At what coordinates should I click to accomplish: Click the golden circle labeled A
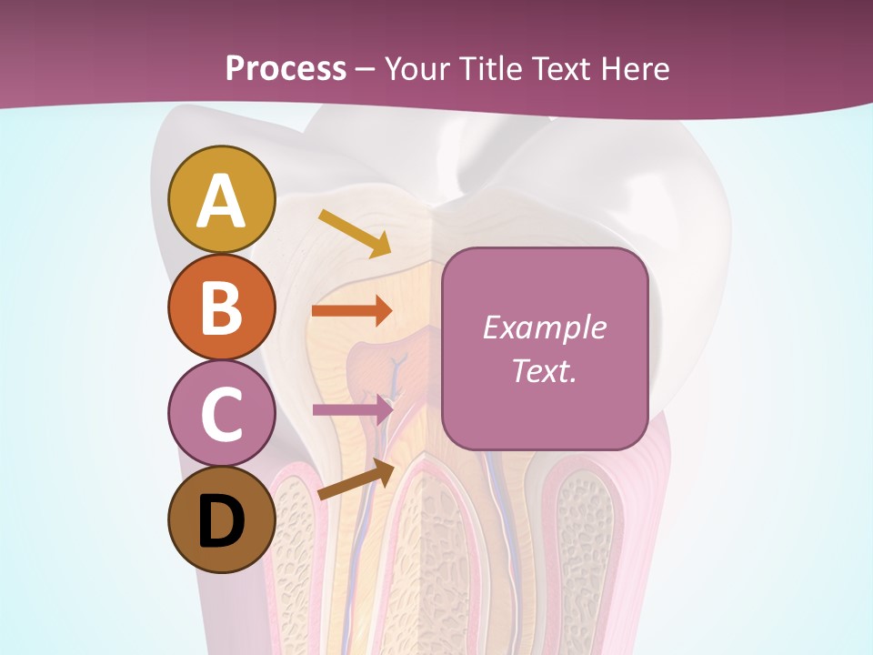[222, 199]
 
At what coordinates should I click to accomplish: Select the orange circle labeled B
[222, 307]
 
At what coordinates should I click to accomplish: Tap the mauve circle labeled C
[222, 413]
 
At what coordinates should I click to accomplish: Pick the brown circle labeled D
[222, 519]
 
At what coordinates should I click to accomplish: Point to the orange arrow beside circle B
[352, 311]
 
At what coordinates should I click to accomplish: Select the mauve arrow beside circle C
[352, 409]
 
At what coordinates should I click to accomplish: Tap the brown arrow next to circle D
[356, 479]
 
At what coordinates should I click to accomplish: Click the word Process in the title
[286, 68]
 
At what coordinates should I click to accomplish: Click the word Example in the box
[544, 327]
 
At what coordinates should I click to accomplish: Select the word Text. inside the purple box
[544, 370]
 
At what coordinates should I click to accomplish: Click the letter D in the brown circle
[222, 521]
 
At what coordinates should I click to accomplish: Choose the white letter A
[222, 201]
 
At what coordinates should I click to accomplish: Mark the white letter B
[222, 307]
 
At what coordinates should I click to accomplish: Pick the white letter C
[222, 414]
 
